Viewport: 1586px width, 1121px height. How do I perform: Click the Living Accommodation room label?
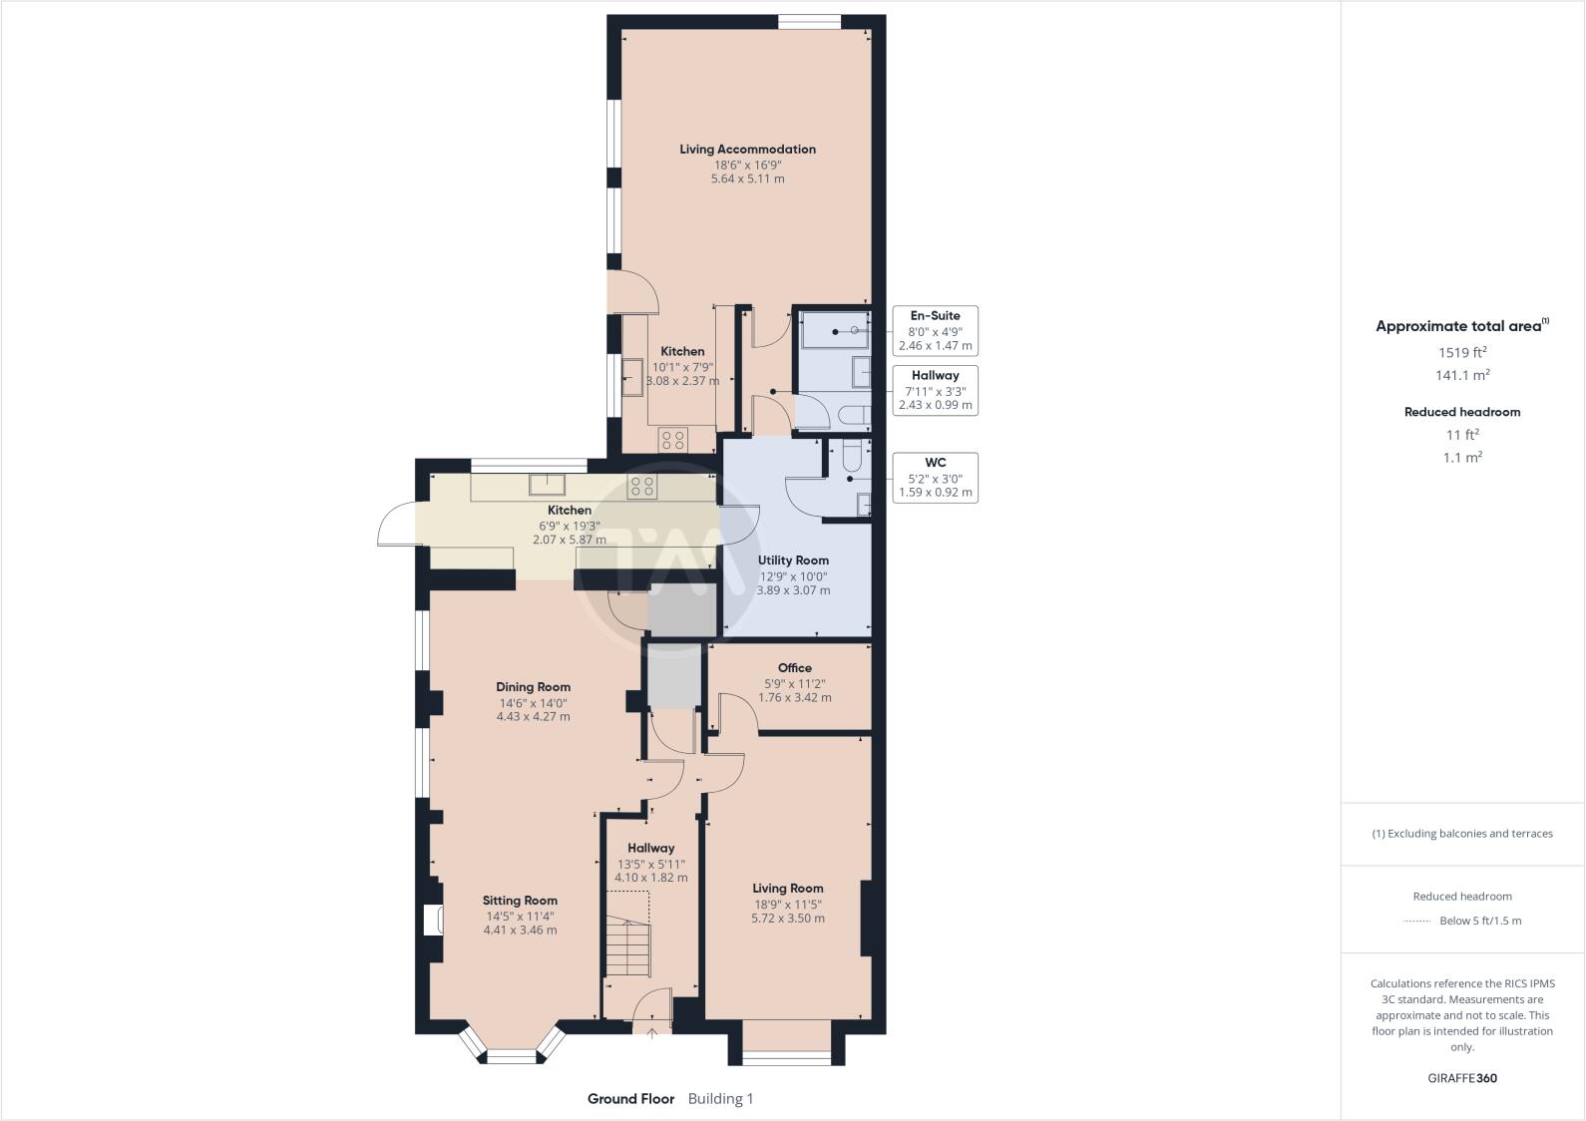(747, 150)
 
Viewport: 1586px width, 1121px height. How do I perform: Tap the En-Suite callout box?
(935, 330)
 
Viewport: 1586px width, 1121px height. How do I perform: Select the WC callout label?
(935, 478)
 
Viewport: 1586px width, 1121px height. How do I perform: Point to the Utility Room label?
(793, 560)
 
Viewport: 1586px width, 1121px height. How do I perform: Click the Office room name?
(794, 668)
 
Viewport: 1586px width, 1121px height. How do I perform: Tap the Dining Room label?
(533, 687)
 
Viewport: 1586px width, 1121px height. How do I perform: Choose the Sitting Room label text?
(520, 901)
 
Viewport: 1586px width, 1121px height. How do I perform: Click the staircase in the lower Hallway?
(627, 947)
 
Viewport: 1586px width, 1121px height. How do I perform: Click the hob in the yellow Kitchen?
(641, 487)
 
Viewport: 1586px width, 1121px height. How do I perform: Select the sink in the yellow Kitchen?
(548, 486)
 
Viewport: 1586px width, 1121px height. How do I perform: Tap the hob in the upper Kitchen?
(672, 439)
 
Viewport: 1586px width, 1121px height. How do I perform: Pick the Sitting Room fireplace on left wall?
(433, 920)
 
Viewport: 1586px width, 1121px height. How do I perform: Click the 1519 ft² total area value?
(1461, 352)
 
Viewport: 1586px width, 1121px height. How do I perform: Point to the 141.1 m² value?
(1461, 375)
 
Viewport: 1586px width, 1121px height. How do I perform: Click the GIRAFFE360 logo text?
(1461, 1078)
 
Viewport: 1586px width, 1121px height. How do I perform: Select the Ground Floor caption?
(630, 1099)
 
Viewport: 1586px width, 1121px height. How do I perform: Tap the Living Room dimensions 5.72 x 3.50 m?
(787, 919)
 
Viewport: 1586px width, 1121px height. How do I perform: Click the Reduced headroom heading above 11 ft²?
(1461, 412)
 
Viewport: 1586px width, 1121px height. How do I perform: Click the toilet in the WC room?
(850, 457)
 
